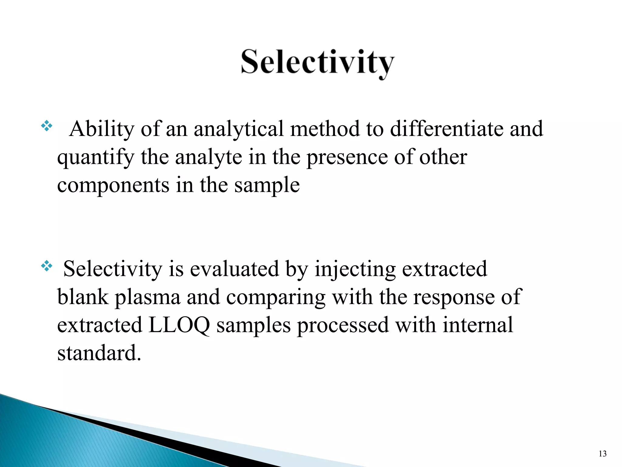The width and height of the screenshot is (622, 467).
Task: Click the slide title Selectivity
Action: pyautogui.click(x=317, y=62)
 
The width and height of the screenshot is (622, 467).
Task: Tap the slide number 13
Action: pyautogui.click(x=603, y=454)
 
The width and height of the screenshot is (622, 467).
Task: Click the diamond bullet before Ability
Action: pyautogui.click(x=46, y=126)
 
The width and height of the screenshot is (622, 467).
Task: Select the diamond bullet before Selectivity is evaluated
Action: pyautogui.click(x=46, y=266)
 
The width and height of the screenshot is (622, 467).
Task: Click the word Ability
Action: pyautogui.click(x=101, y=129)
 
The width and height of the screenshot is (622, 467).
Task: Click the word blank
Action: pyautogui.click(x=83, y=297)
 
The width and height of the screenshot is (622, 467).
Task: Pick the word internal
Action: pyautogui.click(x=477, y=325)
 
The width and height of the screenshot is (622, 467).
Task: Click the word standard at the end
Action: pyautogui.click(x=99, y=353)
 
